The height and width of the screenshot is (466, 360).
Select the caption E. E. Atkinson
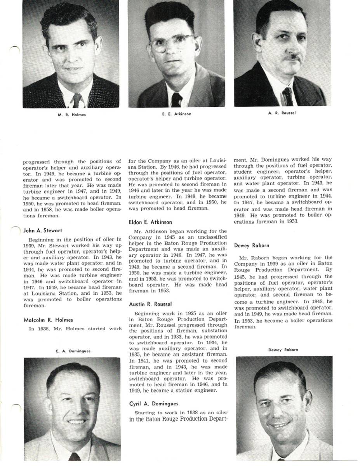pyautogui.click(x=177, y=114)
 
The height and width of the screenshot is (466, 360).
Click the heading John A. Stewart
pyautogui.click(x=43, y=230)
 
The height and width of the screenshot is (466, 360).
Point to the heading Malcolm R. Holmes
pyautogui.click(x=48, y=320)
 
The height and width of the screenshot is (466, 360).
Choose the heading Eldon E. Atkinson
pyautogui.click(x=150, y=222)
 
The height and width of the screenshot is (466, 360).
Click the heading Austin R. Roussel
pyautogui.click(x=150, y=304)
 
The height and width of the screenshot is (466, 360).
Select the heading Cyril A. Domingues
pyautogui.click(x=153, y=404)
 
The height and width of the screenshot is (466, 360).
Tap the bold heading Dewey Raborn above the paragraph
pyautogui.click(x=252, y=245)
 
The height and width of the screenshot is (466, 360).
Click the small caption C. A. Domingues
pyautogui.click(x=73, y=351)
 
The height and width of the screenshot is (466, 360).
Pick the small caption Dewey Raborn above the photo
pyautogui.click(x=283, y=350)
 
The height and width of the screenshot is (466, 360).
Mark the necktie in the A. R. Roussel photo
pyautogui.click(x=288, y=96)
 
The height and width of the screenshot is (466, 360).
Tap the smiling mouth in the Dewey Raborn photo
pyautogui.click(x=280, y=424)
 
